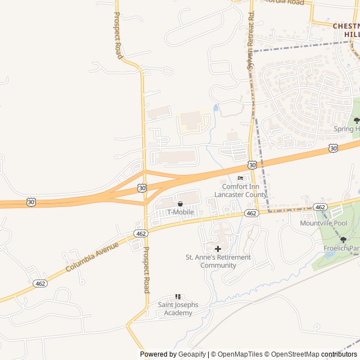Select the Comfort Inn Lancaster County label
pos(244,190)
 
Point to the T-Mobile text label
pos(180,212)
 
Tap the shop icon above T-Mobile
pos(180,204)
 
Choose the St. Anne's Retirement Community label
pos(218,261)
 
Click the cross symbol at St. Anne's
pos(218,249)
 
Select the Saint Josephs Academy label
pos(178,309)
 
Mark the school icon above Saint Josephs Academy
pos(178,296)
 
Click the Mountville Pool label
pos(323,223)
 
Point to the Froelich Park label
pos(345,248)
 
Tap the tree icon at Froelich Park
pos(343,240)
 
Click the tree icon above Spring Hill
pos(356,120)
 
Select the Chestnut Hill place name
pos(346,30)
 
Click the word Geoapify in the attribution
pos(192,354)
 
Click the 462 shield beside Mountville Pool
pos(320,207)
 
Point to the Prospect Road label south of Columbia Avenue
pos(146,270)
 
